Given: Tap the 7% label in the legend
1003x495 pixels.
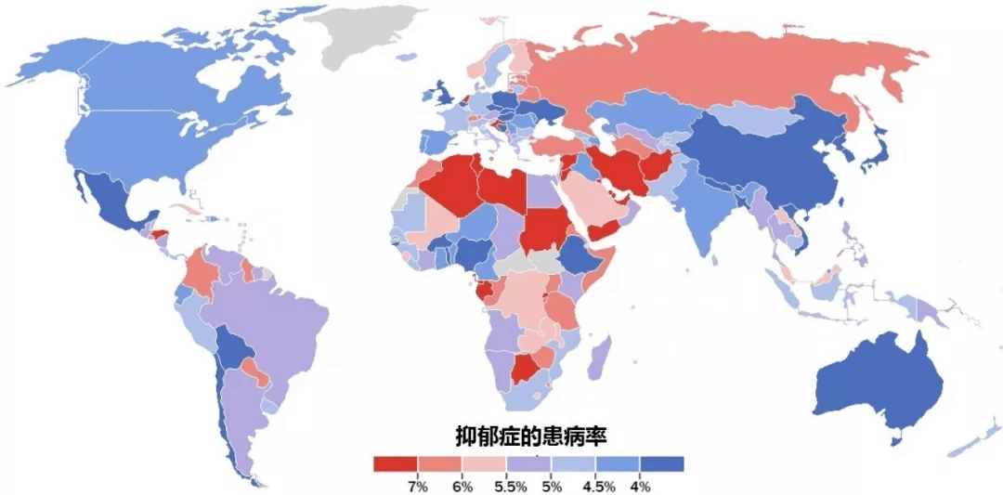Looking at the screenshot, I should point(418,486).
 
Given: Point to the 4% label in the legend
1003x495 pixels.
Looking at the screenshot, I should point(640,486).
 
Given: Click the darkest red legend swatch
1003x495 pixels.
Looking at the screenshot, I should point(395,462).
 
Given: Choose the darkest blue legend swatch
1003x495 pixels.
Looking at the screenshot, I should point(662,462).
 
